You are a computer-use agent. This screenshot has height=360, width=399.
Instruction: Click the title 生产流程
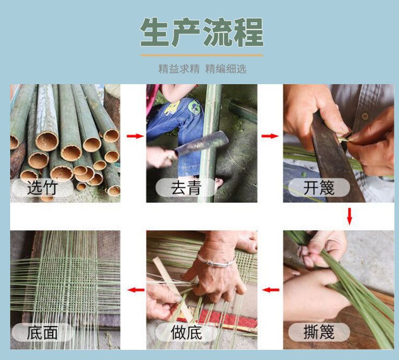pos(202,32)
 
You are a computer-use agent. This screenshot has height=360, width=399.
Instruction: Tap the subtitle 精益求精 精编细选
pos(203,68)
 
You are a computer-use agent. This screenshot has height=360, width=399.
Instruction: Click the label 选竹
pos(42,188)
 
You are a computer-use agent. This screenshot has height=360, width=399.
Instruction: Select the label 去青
pos(186,188)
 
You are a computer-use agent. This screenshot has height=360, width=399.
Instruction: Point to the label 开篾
pos(319,188)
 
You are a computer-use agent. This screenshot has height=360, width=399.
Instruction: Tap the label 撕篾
pos(319,332)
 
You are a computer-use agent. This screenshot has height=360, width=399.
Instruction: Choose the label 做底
pos(186,332)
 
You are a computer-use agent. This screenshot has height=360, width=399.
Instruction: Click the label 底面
pos(42,332)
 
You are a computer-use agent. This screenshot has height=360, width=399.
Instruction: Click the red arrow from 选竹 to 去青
pos(135,136)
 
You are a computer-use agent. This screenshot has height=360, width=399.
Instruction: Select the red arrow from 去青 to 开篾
pos(270,136)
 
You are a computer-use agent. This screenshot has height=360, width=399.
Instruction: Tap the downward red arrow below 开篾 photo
pos(349,217)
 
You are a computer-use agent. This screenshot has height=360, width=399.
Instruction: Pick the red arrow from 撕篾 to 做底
pos(271,290)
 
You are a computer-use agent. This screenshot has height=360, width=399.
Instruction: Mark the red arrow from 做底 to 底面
pos(136,290)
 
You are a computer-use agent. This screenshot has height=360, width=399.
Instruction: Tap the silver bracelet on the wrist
pos(216,261)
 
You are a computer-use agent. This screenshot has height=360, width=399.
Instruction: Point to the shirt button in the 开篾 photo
pos(365,116)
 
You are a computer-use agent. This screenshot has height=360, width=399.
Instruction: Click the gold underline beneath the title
pos(202,55)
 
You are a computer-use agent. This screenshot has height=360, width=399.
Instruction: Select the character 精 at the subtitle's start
pos(163,68)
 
